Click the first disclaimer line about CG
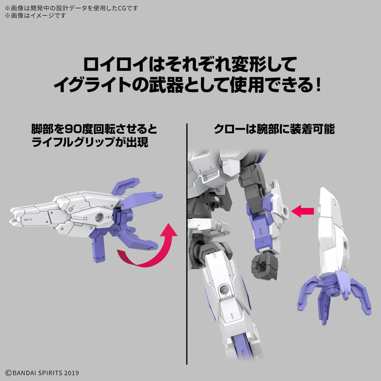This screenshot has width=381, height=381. click(71, 7)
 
